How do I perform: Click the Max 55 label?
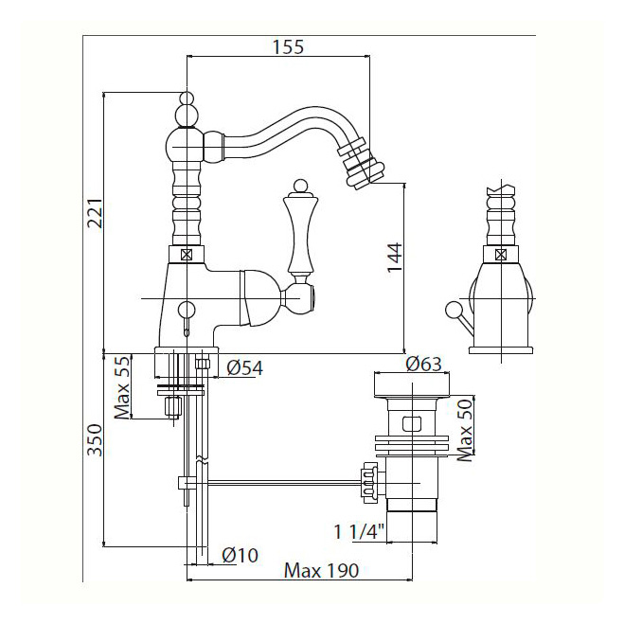point(120,387)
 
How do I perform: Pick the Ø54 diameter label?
point(244,367)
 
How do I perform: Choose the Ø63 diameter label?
point(424,364)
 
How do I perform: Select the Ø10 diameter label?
point(239,555)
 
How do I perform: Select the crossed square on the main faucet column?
point(187,254)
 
